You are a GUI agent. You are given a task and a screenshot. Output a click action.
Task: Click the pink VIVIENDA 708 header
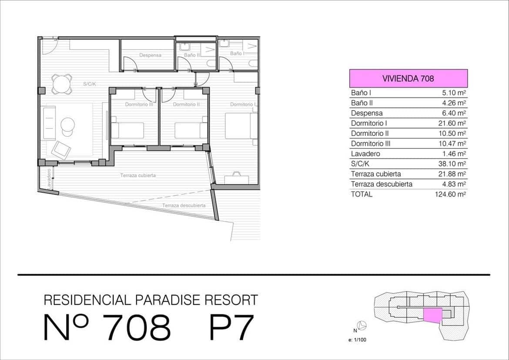[x=408, y=78]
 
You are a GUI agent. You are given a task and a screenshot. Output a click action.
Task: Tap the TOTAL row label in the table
[x=362, y=194]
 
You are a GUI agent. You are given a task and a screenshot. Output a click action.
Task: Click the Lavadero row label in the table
[x=365, y=154]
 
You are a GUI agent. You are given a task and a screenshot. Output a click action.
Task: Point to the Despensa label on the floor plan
[x=150, y=55]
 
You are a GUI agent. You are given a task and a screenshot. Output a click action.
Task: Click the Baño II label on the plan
[x=191, y=55]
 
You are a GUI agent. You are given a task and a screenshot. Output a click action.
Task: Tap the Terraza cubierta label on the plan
[x=138, y=175]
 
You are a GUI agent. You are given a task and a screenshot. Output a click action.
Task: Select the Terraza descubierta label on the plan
[x=184, y=205]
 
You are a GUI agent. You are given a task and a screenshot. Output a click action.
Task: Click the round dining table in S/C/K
[x=62, y=84]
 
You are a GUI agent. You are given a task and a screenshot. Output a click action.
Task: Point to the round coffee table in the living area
[x=68, y=124]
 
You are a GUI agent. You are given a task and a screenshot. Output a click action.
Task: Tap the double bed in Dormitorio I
[x=241, y=126]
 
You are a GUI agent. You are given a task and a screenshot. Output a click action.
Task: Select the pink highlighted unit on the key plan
[x=432, y=315]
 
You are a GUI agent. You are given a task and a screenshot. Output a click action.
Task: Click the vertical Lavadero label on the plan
[x=49, y=178]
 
